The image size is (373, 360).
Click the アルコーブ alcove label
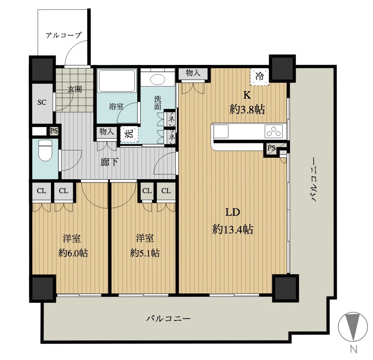(64, 35)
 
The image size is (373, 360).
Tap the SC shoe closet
(42, 103)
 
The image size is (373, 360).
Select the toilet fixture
(45, 150)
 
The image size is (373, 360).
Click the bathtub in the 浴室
(117, 81)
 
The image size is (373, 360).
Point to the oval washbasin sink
(158, 79)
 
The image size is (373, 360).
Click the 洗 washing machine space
(129, 134)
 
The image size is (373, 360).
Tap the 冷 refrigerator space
(260, 76)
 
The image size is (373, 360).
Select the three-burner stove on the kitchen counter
(274, 131)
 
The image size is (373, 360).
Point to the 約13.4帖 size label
(233, 230)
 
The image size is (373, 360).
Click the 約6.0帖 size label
(73, 253)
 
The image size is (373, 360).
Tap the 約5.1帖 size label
(145, 253)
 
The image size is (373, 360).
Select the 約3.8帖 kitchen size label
(247, 110)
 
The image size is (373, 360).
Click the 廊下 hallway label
(109, 162)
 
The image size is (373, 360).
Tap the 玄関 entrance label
(75, 89)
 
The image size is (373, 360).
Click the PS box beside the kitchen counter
(271, 148)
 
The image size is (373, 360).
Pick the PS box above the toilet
(54, 131)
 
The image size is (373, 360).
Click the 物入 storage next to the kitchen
(193, 73)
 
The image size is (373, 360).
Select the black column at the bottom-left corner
(43, 288)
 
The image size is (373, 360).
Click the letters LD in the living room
(233, 212)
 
